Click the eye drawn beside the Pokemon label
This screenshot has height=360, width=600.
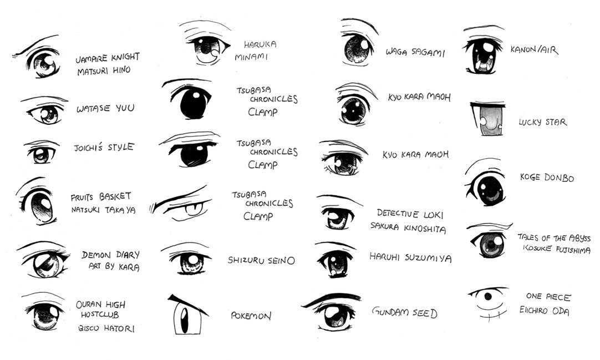(x=187, y=315)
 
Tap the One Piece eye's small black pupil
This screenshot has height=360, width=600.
(x=488, y=296)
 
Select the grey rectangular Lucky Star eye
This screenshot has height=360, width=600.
(x=487, y=119)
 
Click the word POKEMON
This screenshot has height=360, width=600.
(x=251, y=316)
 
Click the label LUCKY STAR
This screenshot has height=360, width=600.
(x=542, y=122)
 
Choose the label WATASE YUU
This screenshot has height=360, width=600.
(x=105, y=108)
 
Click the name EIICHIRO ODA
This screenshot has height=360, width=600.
(x=544, y=311)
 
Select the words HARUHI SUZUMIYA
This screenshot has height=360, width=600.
(x=410, y=257)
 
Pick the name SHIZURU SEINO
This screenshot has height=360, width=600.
(x=261, y=261)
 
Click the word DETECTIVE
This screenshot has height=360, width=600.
(x=398, y=213)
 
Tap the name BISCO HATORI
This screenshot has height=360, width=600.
(x=106, y=328)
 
